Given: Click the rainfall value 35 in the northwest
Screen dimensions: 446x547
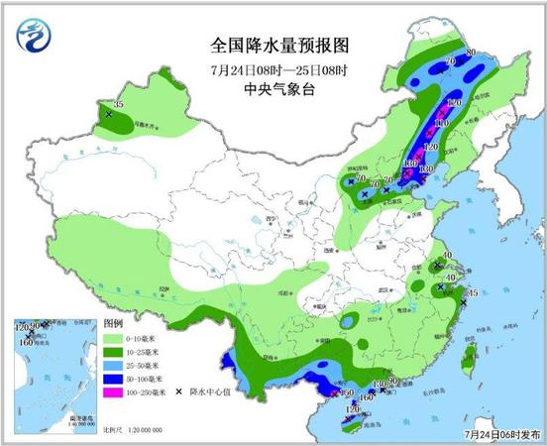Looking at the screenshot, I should click(x=119, y=104).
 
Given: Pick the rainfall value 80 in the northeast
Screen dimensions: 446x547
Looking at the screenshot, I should click(x=472, y=53).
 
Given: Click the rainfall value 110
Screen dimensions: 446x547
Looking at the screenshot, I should click(x=441, y=122).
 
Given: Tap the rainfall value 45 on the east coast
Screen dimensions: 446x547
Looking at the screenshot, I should click(x=473, y=293).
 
